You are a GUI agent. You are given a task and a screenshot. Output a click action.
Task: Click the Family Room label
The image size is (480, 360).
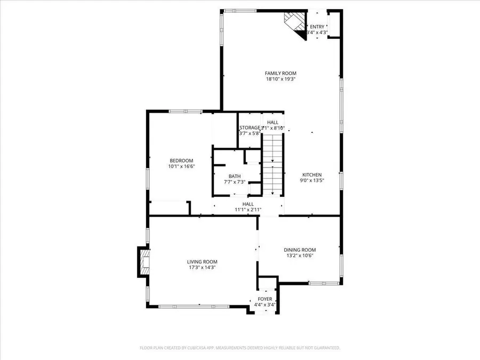(281, 73)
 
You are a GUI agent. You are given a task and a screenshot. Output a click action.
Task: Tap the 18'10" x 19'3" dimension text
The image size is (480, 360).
(281, 79)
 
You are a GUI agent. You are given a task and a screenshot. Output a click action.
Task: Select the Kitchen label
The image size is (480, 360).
(312, 174)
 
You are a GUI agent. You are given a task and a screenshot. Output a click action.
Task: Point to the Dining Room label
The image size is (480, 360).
(299, 250)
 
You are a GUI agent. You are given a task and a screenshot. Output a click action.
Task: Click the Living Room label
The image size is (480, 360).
(202, 261)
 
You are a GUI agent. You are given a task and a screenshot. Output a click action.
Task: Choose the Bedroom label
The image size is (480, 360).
(181, 161)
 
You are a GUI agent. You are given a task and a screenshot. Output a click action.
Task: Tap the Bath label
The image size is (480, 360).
(235, 177)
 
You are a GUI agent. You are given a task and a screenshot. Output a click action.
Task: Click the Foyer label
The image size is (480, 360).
(265, 299)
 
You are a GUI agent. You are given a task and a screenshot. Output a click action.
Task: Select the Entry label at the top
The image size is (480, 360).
(317, 27)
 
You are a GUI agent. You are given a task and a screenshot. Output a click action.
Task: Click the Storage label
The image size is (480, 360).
(249, 127)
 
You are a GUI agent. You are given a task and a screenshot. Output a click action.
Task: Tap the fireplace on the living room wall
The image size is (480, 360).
(144, 262)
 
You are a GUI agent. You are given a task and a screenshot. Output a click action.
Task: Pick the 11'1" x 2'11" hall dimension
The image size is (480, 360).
(248, 210)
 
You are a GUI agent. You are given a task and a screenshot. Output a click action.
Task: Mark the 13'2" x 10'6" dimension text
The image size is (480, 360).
(299, 255)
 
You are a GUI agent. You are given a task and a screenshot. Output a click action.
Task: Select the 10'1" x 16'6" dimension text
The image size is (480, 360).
(181, 166)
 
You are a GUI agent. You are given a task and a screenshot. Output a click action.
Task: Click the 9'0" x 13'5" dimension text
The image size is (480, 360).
(312, 180)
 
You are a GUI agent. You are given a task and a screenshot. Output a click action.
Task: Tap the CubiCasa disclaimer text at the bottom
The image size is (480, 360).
(239, 348)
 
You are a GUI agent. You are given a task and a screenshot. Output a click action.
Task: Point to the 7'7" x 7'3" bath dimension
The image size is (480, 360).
(235, 182)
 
